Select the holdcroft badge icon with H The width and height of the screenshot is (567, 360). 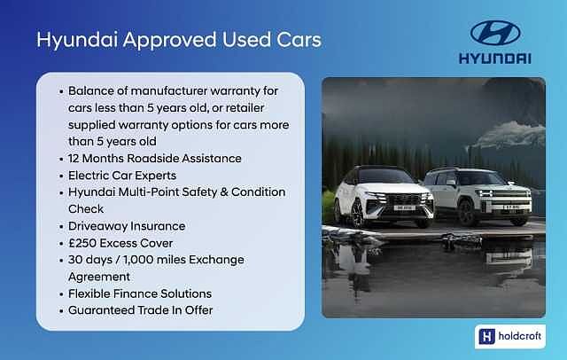[485, 336]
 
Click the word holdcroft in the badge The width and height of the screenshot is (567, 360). [520, 336]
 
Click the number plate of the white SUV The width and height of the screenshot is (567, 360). [403, 207]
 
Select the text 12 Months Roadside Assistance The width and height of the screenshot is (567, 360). [154, 159]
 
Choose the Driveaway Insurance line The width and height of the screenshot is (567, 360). [126, 226]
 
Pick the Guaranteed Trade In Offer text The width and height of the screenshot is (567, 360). [140, 310]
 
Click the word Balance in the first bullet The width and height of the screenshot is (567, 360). [91, 91]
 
